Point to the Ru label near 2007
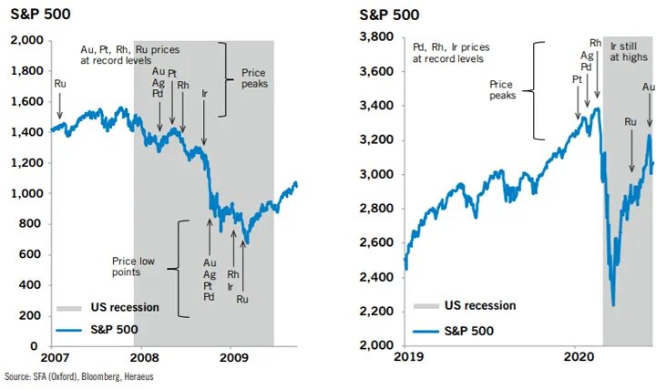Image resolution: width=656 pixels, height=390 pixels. (x=60, y=84)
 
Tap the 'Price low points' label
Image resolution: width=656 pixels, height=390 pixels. (x=134, y=265)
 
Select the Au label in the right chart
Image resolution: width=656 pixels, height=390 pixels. (x=649, y=87)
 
